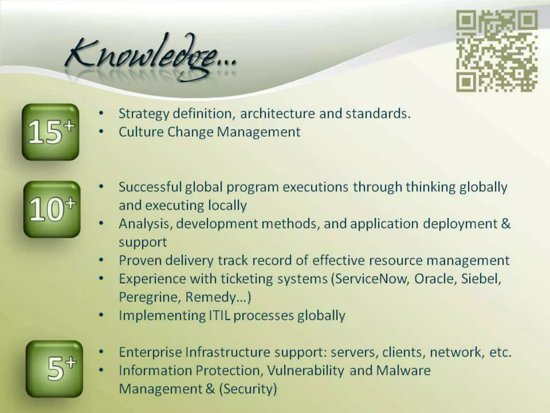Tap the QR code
(x=497, y=51)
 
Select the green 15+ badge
(x=50, y=132)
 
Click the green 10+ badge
(x=52, y=209)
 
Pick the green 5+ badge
(x=54, y=369)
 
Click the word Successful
(x=150, y=187)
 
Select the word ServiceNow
(x=371, y=279)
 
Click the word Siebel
(x=481, y=279)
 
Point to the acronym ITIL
(x=219, y=315)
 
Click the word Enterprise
(x=150, y=352)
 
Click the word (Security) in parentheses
(x=248, y=389)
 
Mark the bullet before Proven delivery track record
(x=101, y=260)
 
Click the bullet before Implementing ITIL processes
(x=101, y=315)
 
